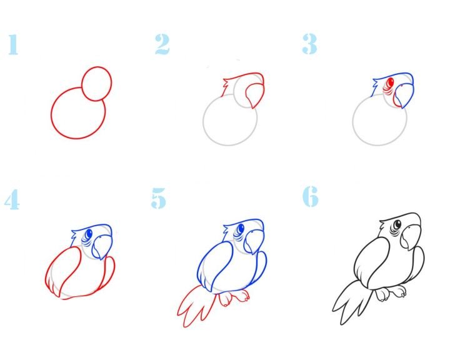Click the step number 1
[x=13, y=44]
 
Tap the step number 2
[x=162, y=44]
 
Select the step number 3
[x=309, y=44]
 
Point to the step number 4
[x=12, y=199]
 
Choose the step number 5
[x=158, y=198]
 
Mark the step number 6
[x=311, y=196]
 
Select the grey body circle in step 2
[x=203, y=121]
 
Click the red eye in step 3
[x=390, y=82]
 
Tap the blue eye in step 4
[x=89, y=234]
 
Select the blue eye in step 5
[x=240, y=229]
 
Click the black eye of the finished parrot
[x=397, y=224]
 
